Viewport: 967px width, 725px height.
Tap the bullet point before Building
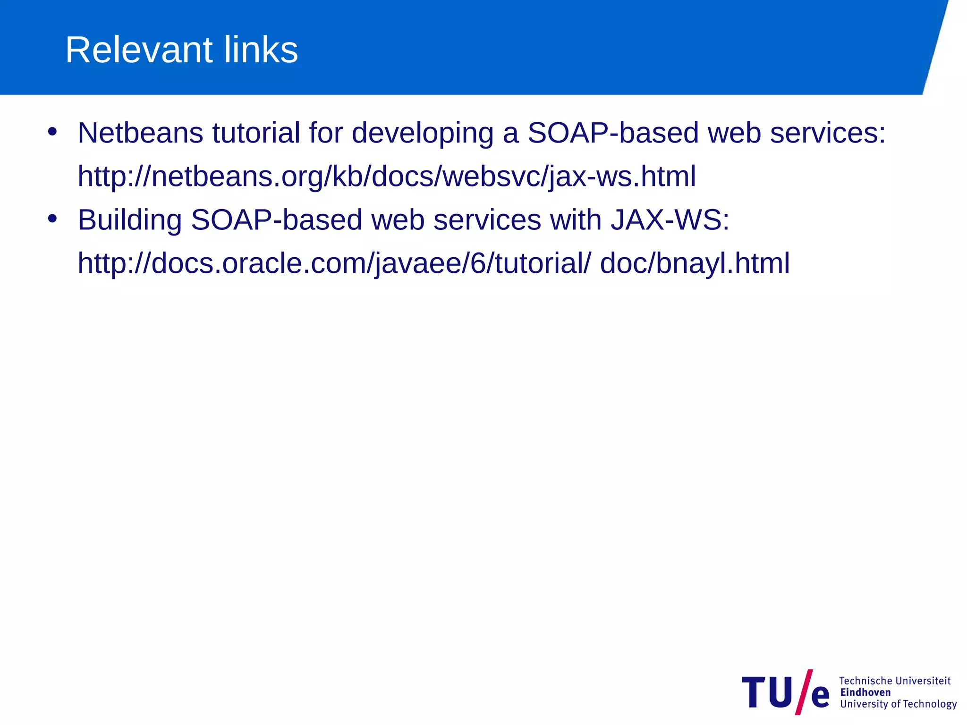[52, 219]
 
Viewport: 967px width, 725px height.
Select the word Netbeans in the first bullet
[140, 133]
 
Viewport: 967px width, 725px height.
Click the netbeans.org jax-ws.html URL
[386, 177]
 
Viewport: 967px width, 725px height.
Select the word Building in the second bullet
[129, 220]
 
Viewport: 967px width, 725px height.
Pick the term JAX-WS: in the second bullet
[670, 220]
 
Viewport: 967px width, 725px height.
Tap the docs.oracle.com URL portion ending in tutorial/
[333, 264]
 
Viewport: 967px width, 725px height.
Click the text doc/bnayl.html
[695, 264]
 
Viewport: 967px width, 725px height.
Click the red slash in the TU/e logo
[803, 691]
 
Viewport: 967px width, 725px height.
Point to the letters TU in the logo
[767, 692]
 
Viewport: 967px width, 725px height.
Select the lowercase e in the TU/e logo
[820, 696]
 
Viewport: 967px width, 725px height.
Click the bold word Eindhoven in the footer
[865, 692]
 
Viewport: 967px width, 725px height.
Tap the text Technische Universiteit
[894, 681]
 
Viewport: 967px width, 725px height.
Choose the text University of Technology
[898, 704]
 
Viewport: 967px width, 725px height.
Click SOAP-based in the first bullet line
[613, 133]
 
